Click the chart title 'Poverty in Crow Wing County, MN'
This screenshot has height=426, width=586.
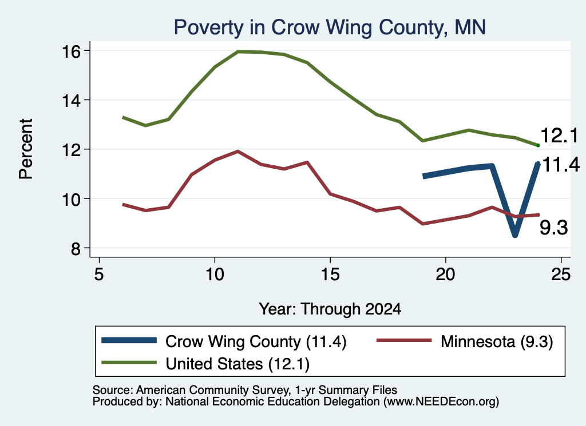tap(330, 27)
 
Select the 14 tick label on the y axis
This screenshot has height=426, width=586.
tap(70, 101)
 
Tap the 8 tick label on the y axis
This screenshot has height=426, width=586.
tap(76, 248)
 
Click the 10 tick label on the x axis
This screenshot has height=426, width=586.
tap(215, 274)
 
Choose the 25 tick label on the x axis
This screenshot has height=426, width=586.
tap(561, 274)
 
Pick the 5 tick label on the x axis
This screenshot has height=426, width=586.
tap(98, 274)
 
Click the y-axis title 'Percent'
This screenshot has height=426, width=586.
tap(26, 149)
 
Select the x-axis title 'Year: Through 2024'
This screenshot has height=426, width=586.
tap(330, 309)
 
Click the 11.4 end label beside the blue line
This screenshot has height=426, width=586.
tap(561, 165)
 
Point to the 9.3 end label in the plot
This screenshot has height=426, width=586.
tap(553, 228)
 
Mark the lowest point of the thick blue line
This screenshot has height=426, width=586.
tap(515, 235)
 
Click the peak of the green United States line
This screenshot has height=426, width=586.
tap(237, 51)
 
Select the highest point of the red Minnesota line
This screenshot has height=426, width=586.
tap(237, 151)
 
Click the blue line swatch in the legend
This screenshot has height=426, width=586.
tap(129, 340)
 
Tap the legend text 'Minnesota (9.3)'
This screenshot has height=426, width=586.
tap(497, 341)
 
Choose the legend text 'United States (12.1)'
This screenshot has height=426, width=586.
tap(237, 364)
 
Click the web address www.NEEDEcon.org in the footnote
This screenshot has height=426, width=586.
tap(440, 402)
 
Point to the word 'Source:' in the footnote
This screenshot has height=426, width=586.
tap(113, 390)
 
